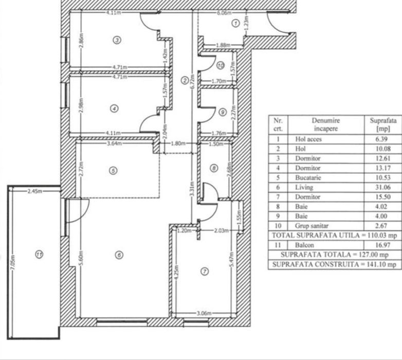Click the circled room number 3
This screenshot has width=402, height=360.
[117, 40]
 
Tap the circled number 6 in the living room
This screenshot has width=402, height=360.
[119, 255]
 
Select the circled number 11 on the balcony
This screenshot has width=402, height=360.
[39, 255]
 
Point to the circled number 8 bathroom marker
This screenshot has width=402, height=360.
[214, 168]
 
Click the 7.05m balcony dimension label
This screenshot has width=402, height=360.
[13, 262]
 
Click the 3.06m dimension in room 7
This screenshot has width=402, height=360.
[204, 313]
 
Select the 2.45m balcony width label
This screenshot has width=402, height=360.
[35, 191]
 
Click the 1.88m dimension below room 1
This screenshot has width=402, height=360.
[223, 45]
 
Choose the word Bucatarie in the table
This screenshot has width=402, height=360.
[308, 178]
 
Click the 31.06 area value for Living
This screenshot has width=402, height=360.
[383, 187]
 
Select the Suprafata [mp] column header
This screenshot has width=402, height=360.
[383, 124]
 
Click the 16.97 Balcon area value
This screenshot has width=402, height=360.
[383, 245]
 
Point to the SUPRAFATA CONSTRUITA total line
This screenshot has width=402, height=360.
[334, 264]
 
